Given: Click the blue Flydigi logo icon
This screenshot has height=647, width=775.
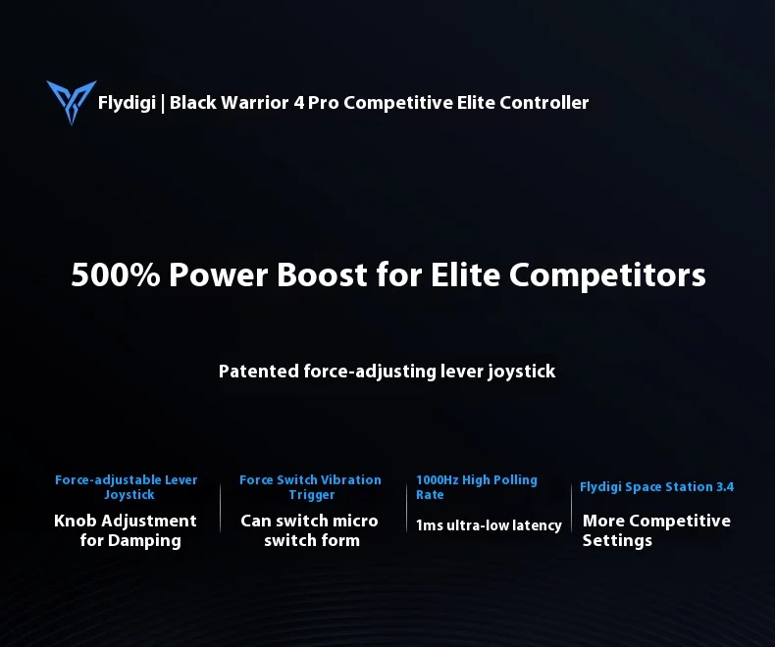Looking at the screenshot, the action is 72,102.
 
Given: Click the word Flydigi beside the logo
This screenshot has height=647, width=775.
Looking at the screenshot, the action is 127,103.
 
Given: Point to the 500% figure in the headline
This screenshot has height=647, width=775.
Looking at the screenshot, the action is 116,274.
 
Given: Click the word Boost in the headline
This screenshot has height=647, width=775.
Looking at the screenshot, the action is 322,274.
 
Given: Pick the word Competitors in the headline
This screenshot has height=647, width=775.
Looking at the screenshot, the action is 607,275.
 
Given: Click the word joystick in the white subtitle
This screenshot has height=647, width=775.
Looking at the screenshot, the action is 522,372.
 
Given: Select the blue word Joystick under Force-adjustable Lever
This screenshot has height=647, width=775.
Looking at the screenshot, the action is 129,495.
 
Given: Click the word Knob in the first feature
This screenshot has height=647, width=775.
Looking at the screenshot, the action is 76,521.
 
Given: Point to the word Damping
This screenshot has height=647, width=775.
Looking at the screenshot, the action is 144,541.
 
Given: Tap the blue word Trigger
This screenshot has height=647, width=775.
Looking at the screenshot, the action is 311,495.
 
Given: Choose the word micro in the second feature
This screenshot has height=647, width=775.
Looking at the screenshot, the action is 355,521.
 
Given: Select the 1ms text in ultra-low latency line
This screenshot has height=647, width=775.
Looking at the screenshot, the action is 430,525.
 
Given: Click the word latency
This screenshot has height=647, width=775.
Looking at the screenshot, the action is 537,525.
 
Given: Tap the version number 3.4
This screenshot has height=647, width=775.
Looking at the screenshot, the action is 725,486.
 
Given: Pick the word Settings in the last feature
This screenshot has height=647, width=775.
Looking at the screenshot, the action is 617,541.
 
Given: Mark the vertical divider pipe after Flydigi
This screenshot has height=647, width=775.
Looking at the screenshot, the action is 163,104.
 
